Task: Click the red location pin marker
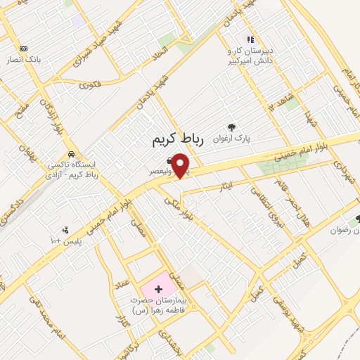click(x=181, y=165)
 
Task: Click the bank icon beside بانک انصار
click(x=25, y=49)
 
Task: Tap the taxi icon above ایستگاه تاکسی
click(x=70, y=154)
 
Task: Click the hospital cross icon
click(x=157, y=289)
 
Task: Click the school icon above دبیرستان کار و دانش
click(x=250, y=40)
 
